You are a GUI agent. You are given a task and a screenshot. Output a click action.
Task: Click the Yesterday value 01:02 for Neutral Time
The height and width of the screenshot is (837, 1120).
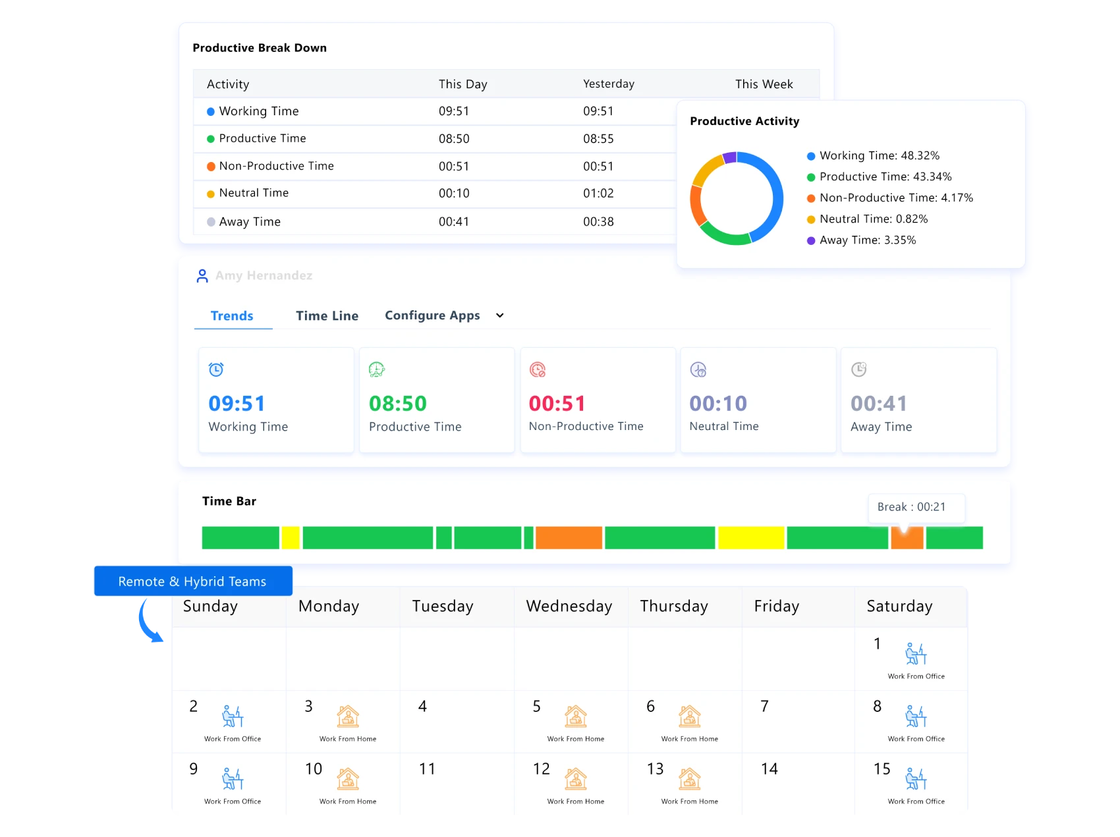click(x=598, y=194)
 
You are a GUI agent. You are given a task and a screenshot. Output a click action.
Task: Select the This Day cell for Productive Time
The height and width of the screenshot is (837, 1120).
click(x=454, y=139)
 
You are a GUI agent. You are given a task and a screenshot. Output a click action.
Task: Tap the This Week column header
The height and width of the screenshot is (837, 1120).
click(x=764, y=84)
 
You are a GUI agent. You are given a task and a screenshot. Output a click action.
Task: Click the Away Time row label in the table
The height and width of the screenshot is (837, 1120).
click(x=249, y=222)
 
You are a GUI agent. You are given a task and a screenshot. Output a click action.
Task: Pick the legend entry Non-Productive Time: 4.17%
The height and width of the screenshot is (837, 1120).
click(x=895, y=198)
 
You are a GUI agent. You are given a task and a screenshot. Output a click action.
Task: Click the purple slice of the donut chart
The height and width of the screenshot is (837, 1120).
click(x=729, y=157)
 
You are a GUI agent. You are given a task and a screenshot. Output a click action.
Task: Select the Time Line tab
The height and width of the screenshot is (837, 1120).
click(x=327, y=316)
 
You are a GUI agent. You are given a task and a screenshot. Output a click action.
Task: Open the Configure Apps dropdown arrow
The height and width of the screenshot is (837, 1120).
click(x=500, y=315)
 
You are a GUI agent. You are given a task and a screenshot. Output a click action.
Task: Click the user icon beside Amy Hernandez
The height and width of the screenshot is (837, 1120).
click(x=202, y=276)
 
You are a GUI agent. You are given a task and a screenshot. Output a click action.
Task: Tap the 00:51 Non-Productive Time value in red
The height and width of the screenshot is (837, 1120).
click(x=557, y=403)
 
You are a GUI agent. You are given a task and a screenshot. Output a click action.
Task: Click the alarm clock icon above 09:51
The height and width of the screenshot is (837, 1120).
click(x=216, y=369)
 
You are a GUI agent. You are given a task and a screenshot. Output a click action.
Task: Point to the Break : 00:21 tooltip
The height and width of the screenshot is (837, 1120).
click(x=916, y=507)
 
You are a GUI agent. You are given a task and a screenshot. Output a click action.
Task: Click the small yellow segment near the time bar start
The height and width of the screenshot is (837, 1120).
click(x=291, y=537)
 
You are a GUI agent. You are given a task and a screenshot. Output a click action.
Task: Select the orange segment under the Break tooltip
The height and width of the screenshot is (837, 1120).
click(x=907, y=538)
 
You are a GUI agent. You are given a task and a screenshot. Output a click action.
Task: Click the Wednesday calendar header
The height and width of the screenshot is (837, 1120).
click(x=569, y=606)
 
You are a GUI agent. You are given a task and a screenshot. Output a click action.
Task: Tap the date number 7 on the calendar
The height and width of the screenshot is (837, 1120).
click(x=764, y=707)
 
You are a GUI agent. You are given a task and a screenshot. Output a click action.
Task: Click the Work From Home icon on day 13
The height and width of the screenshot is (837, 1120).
click(x=689, y=779)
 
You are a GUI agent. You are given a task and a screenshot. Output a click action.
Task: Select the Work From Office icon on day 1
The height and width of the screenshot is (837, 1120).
click(x=916, y=654)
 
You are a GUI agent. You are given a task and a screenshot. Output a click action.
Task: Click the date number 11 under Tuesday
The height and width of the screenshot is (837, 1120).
click(x=427, y=769)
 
